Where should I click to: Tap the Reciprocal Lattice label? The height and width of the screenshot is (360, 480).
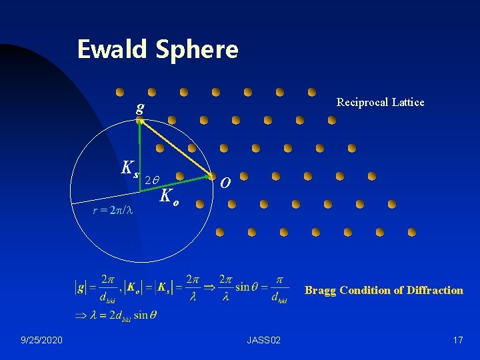point(380,102)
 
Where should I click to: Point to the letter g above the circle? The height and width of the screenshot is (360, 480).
point(139,107)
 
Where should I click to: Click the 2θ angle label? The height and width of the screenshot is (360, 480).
point(151,180)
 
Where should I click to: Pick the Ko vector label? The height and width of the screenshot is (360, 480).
point(169,196)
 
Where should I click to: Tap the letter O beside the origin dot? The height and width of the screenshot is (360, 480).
point(227,182)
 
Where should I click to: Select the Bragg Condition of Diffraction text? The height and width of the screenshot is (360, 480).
point(383,290)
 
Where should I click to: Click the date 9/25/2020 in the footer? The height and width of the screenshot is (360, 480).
point(42,341)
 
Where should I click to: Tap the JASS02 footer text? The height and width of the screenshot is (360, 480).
point(263,341)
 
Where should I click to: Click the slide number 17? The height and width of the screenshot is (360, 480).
point(457,341)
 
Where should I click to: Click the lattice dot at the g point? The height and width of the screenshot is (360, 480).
point(139,121)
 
